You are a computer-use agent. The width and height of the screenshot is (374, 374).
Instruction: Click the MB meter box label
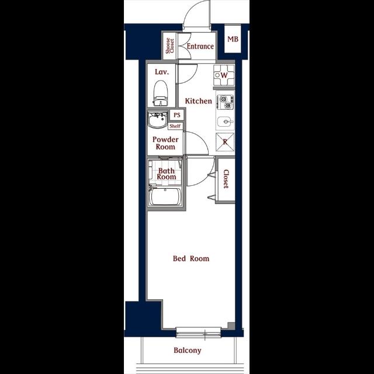coord(233,39)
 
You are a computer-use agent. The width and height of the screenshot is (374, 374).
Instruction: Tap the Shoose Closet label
coord(170,46)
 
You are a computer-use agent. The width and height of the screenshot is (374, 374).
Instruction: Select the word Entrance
coord(200,46)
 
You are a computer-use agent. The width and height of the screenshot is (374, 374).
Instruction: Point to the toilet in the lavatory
coord(161,93)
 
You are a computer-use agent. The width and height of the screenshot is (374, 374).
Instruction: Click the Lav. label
coord(162,72)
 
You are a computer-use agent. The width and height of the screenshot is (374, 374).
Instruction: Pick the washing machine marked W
coord(224,75)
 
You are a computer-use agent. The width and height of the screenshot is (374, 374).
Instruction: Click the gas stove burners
coord(225,102)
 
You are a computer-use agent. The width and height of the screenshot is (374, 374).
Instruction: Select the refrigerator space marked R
coord(225,142)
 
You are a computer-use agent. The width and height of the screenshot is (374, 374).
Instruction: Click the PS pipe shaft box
coord(176,115)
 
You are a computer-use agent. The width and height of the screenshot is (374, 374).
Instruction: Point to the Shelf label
coord(175,126)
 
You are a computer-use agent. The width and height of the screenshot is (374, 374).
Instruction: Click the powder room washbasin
coord(157,120)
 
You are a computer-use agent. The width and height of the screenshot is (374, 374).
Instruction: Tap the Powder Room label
coord(165,143)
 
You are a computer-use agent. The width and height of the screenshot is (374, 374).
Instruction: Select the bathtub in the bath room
coord(165,196)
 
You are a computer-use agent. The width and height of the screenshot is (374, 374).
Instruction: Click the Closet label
coord(226,179)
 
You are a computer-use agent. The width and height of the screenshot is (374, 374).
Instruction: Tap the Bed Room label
coord(191,258)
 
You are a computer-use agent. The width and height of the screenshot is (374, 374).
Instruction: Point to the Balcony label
coord(188,351)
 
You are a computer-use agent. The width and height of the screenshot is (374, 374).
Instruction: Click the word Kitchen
coord(199,101)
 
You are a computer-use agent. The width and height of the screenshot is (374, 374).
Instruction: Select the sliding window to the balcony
coord(199,332)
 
